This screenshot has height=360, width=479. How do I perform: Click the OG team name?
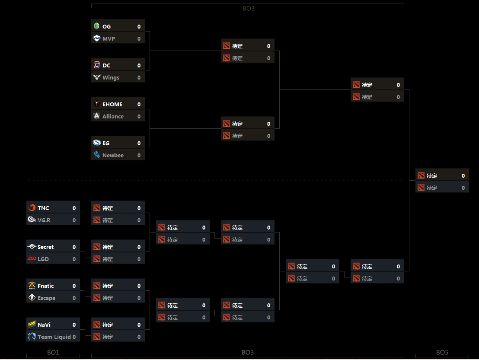[x=106, y=27]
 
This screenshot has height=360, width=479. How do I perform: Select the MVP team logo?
[x=97, y=39]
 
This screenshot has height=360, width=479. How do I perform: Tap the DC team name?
[x=106, y=66]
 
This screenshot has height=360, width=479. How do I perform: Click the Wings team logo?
[x=97, y=78]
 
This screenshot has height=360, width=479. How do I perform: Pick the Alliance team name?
[x=113, y=117]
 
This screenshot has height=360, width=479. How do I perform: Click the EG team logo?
[x=97, y=143]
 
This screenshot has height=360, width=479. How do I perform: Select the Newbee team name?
[x=113, y=156]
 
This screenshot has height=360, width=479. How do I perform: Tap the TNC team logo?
[x=32, y=208]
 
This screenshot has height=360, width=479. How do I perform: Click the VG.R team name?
[x=44, y=220]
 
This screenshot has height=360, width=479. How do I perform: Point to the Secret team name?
[x=45, y=247]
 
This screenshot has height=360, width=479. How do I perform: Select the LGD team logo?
[x=32, y=259]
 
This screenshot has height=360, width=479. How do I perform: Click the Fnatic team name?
[x=45, y=286]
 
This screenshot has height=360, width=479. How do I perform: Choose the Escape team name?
[x=46, y=298]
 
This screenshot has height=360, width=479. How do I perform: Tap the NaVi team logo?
[x=32, y=325]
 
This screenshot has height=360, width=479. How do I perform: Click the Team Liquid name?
[x=54, y=337]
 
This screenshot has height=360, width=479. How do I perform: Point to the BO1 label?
[x=53, y=353]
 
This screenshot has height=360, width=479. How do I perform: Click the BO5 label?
[x=442, y=353]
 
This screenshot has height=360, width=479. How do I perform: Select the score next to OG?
[x=139, y=27]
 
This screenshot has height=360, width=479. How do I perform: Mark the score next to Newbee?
[x=139, y=156]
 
